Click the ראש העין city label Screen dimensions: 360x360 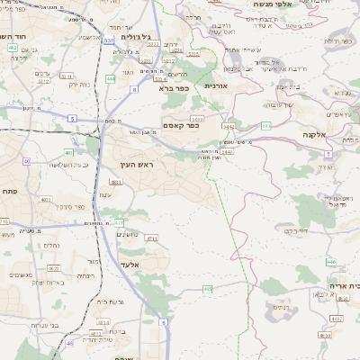(x=138, y=166)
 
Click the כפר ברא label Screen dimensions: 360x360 (x=170, y=89)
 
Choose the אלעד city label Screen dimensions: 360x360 (x=130, y=265)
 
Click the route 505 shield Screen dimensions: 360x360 (x=265, y=125)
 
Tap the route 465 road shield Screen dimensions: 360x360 (x=208, y=289)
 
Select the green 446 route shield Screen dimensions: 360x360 (x=331, y=262)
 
